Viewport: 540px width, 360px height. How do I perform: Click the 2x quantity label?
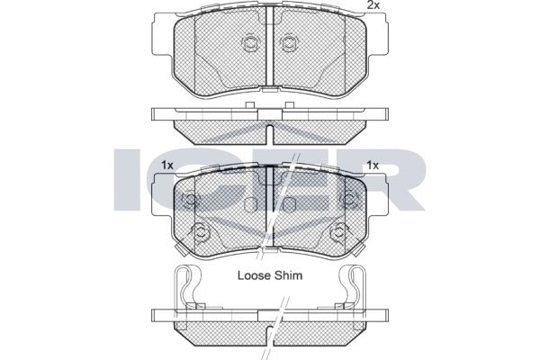point(373,4)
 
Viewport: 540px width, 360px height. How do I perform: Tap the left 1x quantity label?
point(167,166)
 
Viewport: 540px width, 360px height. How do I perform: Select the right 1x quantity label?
point(373,166)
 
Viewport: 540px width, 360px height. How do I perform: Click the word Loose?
point(254,275)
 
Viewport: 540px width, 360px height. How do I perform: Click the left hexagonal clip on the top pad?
point(250,43)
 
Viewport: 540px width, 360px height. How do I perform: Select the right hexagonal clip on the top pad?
point(290,43)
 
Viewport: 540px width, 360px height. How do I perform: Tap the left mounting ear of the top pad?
point(163,35)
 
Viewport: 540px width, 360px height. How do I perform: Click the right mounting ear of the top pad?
point(377,35)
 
